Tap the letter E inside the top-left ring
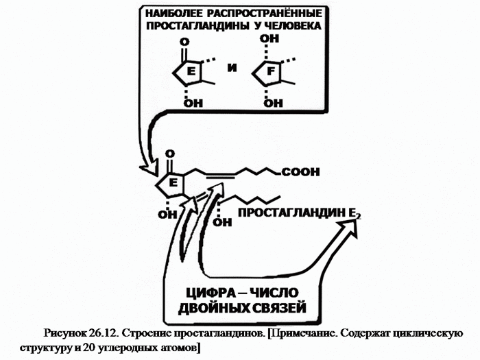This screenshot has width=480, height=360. tap(191, 71)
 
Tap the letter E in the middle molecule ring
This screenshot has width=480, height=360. tap(173, 183)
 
